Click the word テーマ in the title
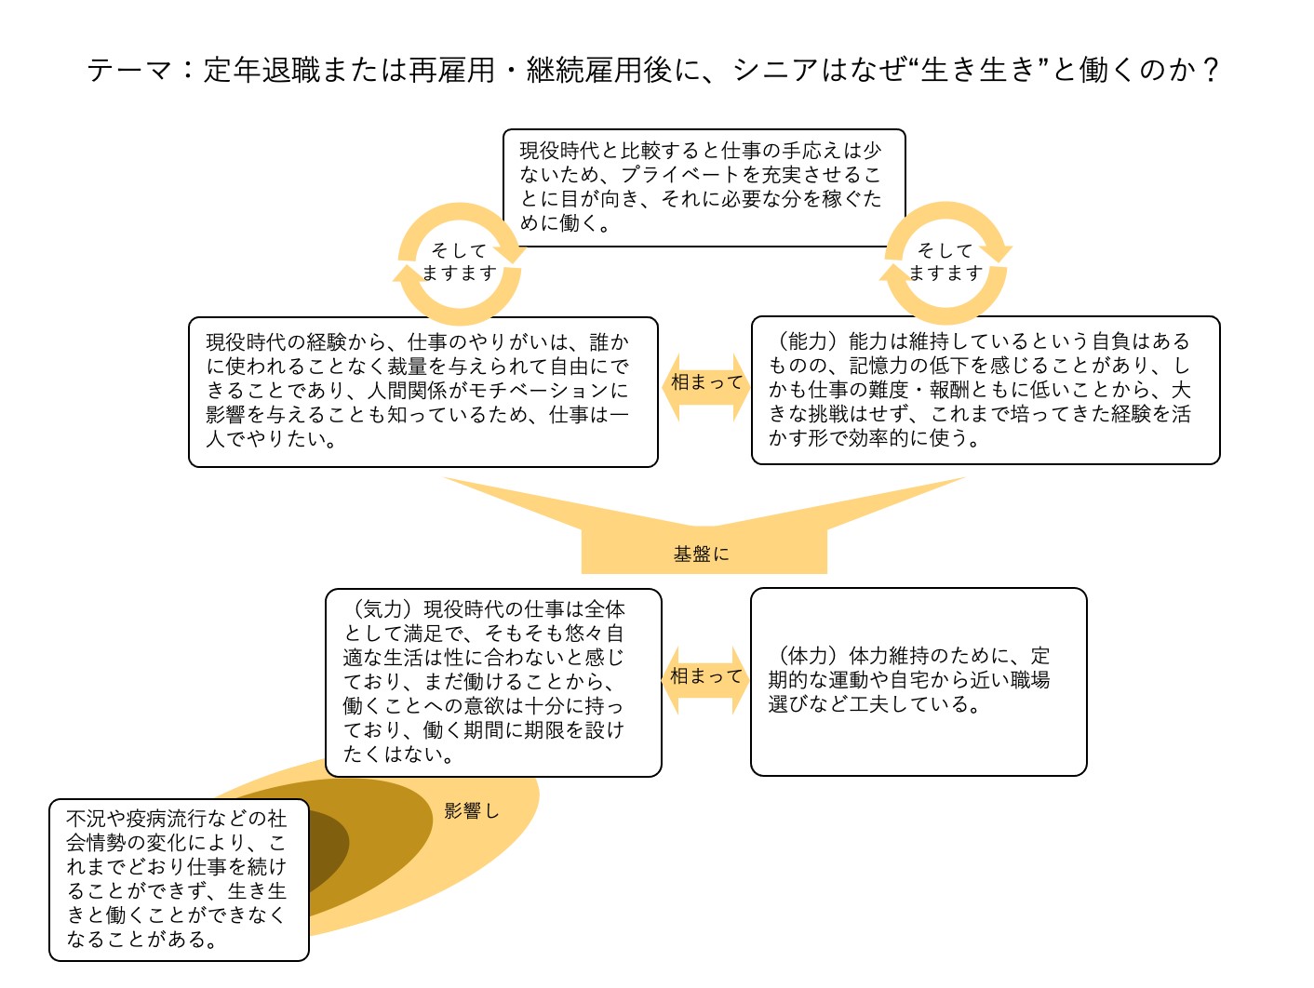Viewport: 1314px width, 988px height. (129, 70)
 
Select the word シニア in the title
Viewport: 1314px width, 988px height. (776, 70)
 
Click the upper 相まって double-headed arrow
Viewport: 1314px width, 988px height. (705, 387)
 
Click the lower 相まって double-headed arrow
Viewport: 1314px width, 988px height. (705, 680)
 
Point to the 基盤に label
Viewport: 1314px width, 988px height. (701, 554)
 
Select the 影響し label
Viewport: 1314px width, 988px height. (471, 811)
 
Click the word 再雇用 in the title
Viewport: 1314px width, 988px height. (451, 70)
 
